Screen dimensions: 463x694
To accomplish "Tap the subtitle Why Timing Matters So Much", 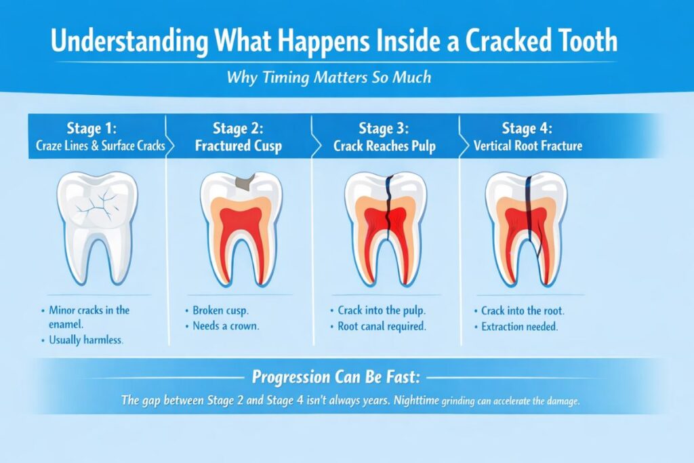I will (x=329, y=77).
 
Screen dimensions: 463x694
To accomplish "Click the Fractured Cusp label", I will (x=239, y=145).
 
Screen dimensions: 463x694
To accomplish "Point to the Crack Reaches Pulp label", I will (x=384, y=145).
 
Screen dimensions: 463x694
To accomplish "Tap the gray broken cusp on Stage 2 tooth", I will (x=243, y=182).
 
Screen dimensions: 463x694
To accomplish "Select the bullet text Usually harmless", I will (x=86, y=340).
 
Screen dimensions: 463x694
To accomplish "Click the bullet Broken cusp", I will (x=220, y=310).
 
